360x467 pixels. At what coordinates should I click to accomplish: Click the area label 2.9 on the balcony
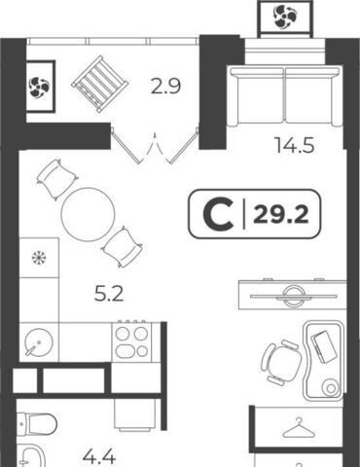click(165, 87)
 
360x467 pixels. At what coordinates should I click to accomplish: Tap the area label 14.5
click(295, 145)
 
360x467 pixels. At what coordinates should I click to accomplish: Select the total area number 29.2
click(281, 214)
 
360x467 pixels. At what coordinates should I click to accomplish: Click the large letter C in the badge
click(218, 214)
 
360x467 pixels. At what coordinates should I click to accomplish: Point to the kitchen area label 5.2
click(109, 295)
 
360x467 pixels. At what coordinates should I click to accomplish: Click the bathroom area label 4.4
click(99, 457)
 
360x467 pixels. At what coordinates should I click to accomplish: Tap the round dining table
click(88, 214)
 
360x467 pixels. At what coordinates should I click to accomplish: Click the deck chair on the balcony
click(100, 85)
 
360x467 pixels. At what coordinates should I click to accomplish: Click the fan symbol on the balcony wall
click(40, 87)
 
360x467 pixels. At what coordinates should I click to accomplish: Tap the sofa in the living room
click(285, 96)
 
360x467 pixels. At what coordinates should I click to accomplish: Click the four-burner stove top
click(131, 341)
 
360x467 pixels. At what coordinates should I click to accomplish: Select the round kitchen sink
click(39, 342)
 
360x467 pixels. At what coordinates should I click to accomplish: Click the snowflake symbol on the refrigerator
click(39, 258)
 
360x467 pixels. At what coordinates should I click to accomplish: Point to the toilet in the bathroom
click(36, 424)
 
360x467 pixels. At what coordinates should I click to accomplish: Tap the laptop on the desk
click(324, 346)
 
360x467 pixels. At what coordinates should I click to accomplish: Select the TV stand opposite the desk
click(293, 294)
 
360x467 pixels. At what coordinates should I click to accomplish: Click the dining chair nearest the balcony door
click(58, 179)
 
